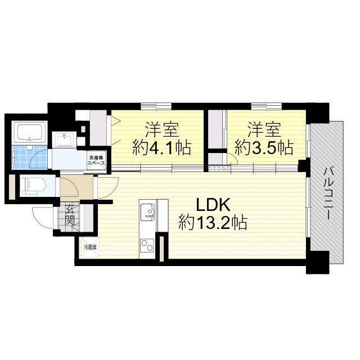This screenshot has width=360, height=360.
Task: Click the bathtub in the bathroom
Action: click(30, 133)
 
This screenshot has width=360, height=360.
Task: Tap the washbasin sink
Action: click(64, 139)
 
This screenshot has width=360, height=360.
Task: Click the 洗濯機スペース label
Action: click(97, 160)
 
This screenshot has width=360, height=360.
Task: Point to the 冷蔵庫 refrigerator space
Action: click(90, 247)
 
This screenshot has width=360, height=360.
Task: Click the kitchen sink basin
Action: click(148, 212)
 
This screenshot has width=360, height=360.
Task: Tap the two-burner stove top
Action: click(147, 245)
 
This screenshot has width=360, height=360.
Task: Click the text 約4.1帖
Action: click(161, 148)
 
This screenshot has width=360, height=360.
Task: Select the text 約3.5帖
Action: click(264, 148)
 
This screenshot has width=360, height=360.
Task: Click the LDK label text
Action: click(213, 205)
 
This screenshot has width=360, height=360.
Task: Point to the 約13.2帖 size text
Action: click(213, 222)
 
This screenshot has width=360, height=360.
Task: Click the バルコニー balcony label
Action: click(327, 193)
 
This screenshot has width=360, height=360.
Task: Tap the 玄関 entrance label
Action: click(69, 214)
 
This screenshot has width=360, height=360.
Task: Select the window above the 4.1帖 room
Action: click(156, 106)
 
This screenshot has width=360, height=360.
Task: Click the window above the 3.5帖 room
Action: click(267, 106)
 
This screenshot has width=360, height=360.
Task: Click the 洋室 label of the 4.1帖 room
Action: click(162, 130)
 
